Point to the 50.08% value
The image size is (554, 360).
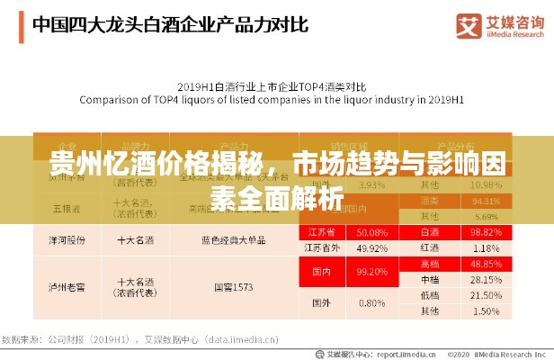click(371, 231)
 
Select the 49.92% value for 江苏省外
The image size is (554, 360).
click(371, 247)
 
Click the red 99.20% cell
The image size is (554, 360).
click(371, 271)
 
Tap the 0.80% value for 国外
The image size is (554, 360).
click(371, 303)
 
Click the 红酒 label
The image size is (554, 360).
click(430, 247)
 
